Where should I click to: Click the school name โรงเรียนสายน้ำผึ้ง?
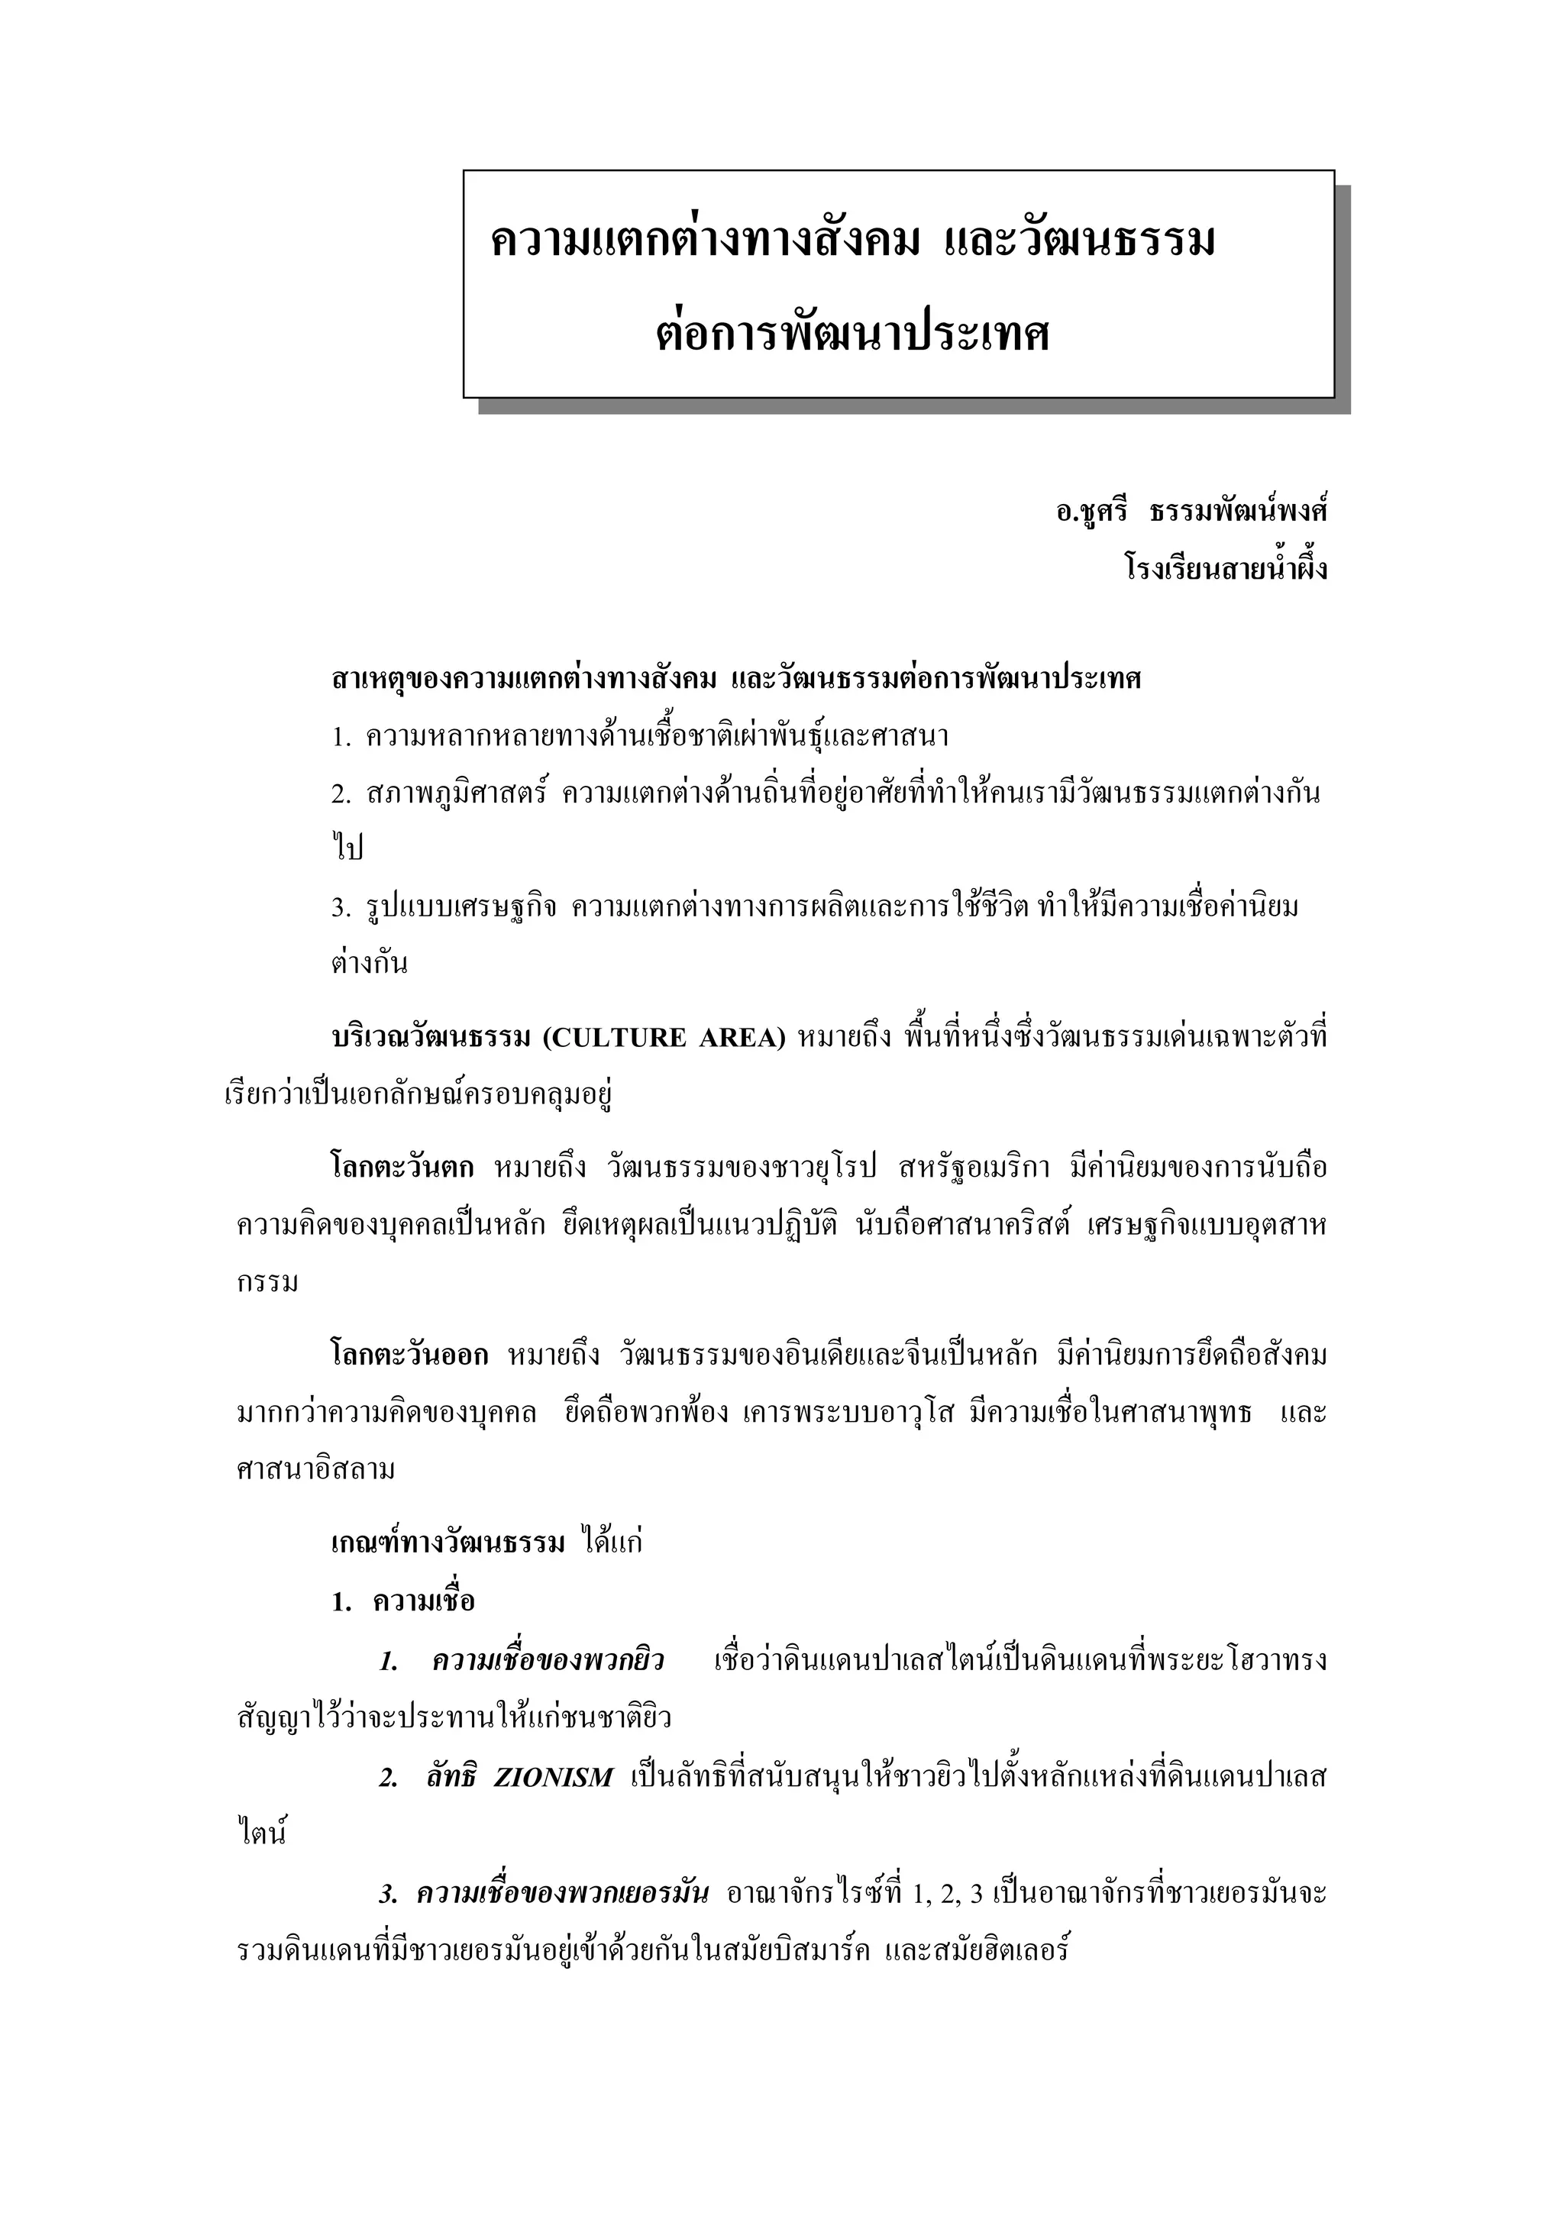[x=1225, y=569]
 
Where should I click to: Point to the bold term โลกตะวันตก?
[x=402, y=1168]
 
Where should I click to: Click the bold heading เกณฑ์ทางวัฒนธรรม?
[x=448, y=1543]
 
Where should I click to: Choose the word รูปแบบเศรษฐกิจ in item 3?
[x=461, y=908]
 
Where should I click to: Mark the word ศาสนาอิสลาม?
[x=316, y=1471]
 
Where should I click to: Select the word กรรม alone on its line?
[x=268, y=1284]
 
